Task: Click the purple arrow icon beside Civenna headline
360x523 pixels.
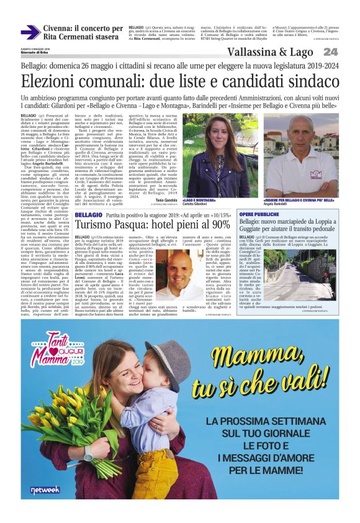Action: (30, 32)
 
